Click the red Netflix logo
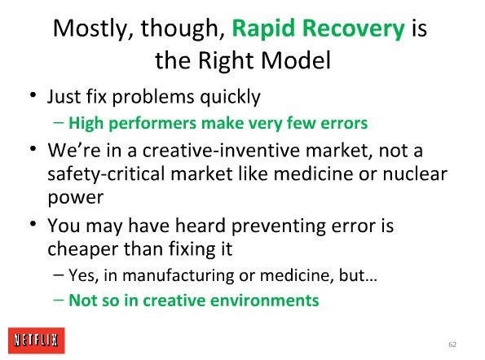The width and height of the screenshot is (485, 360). [x=37, y=340]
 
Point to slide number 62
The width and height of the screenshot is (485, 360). [x=452, y=345]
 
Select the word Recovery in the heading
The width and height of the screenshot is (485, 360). [x=353, y=29]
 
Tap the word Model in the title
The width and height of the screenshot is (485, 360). [x=296, y=60]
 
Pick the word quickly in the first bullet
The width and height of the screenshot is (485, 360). [x=230, y=97]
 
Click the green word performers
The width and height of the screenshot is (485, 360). [x=152, y=124]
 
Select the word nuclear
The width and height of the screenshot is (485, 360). [x=415, y=173]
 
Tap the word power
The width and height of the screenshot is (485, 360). [x=76, y=198]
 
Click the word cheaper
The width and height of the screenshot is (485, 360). [x=83, y=249]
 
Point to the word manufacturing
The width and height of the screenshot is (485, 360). [x=179, y=275]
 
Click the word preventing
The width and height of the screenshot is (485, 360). [x=279, y=226]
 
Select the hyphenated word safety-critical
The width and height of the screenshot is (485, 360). [x=106, y=174]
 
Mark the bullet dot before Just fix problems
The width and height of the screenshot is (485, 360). [x=33, y=94]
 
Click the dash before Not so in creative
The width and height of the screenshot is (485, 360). [x=59, y=300]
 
